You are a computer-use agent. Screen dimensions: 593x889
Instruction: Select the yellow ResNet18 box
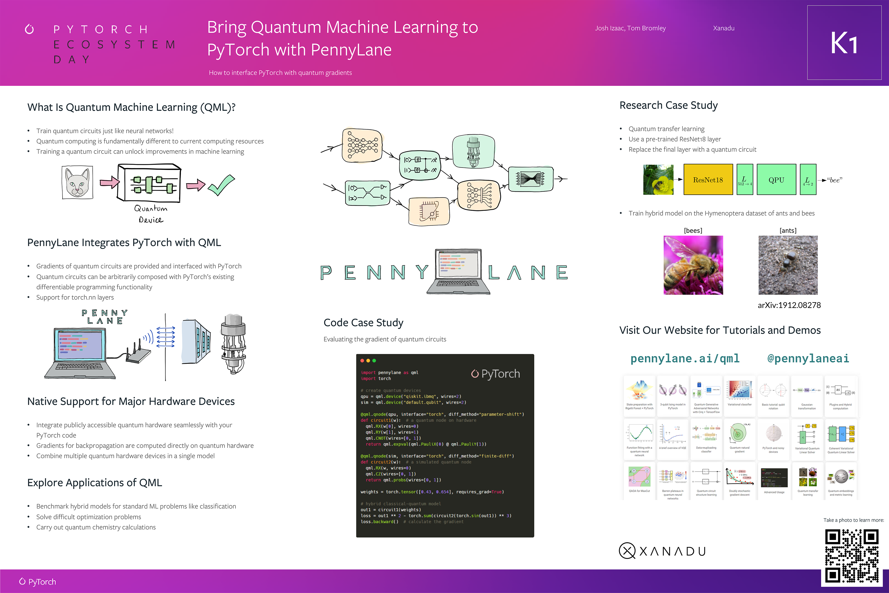click(708, 180)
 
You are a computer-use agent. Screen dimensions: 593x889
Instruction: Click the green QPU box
click(776, 180)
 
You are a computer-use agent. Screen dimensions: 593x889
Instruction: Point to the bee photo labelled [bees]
click(693, 265)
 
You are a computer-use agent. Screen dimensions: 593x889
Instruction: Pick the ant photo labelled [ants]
click(788, 265)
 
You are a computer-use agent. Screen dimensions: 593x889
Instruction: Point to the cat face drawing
click(77, 183)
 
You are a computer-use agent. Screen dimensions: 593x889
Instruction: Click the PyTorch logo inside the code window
click(495, 374)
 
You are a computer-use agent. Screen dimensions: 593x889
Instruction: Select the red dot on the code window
click(362, 361)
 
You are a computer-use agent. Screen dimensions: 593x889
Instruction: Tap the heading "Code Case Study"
click(363, 323)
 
